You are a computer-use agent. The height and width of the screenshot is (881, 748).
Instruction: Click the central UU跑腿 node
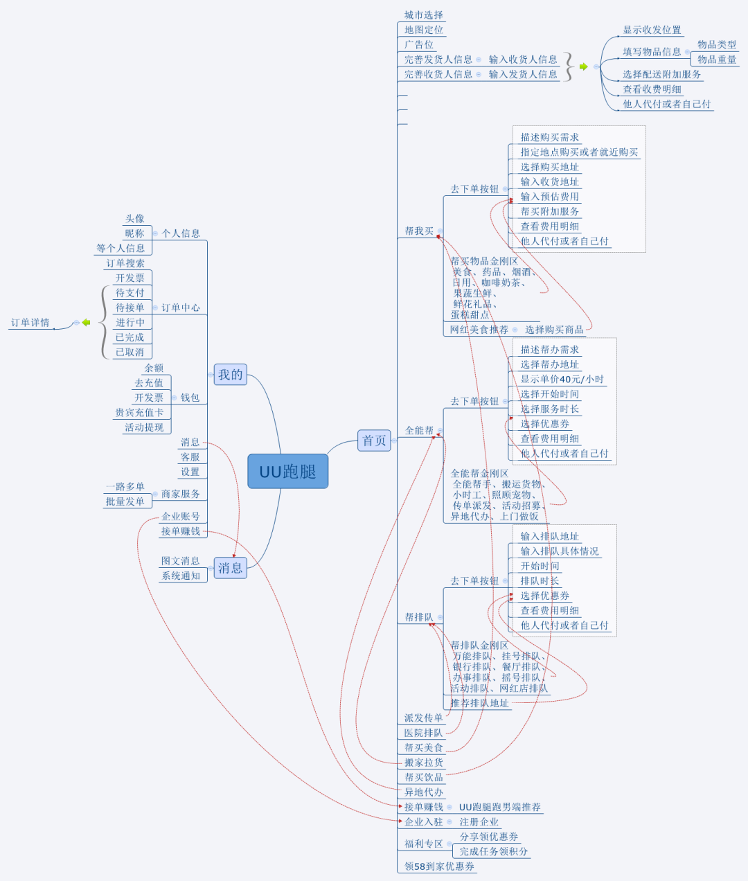coord(287,472)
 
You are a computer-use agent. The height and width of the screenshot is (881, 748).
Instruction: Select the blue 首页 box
coord(374,440)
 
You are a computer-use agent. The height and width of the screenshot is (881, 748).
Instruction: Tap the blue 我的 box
coord(231,375)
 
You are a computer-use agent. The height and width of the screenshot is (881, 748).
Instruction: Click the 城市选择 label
coord(423,15)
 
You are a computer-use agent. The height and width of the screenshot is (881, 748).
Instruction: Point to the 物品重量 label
coord(717,60)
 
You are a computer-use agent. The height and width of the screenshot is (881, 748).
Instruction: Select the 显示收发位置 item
coord(652,30)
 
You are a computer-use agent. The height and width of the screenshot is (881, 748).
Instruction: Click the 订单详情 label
coord(30,323)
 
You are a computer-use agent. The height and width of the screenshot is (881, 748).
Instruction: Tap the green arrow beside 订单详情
coord(86,323)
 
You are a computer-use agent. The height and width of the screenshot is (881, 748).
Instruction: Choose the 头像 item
coord(135,219)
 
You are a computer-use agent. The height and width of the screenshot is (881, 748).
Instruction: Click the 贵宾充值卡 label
coord(139,413)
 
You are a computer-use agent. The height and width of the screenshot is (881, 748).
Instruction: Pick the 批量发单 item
coord(125,501)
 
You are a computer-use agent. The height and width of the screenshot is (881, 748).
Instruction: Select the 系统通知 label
coord(181,576)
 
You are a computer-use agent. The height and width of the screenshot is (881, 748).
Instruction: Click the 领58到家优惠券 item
coord(440,866)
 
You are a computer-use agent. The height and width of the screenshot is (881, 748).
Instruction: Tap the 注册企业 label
coord(479,822)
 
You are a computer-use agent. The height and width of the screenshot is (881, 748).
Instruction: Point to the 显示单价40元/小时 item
coord(562,380)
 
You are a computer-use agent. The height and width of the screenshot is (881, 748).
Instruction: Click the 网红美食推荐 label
coord(479,330)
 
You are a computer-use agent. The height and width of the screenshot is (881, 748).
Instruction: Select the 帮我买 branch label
coord(419,231)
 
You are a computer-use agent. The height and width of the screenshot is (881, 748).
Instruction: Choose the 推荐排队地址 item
coord(479,703)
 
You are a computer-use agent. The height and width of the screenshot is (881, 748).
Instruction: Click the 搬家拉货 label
coord(423,763)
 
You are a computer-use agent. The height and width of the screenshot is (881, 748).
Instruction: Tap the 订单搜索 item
coord(125,263)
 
